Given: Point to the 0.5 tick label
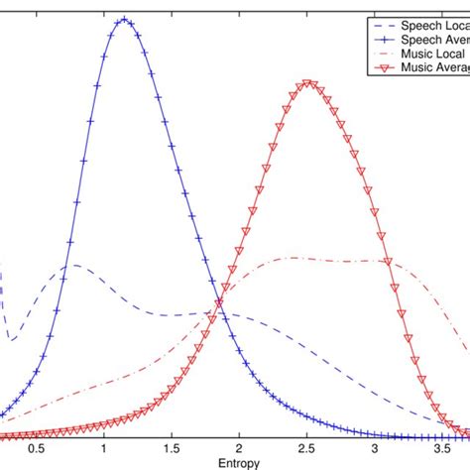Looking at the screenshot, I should pyautogui.click(x=37, y=449).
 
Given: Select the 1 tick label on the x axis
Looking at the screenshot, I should pyautogui.click(x=105, y=449).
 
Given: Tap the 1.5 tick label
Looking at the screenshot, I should pyautogui.click(x=173, y=449).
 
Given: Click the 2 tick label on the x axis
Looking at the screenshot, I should pyautogui.click(x=241, y=449).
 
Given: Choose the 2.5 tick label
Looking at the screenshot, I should pyautogui.click(x=308, y=449).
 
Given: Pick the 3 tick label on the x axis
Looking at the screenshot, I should pyautogui.click(x=377, y=449).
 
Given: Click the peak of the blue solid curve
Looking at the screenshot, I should pyautogui.click(x=123, y=19).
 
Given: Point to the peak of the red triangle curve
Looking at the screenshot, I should pyautogui.click(x=308, y=83).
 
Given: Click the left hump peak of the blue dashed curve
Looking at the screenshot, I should pyautogui.click(x=74, y=264).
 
